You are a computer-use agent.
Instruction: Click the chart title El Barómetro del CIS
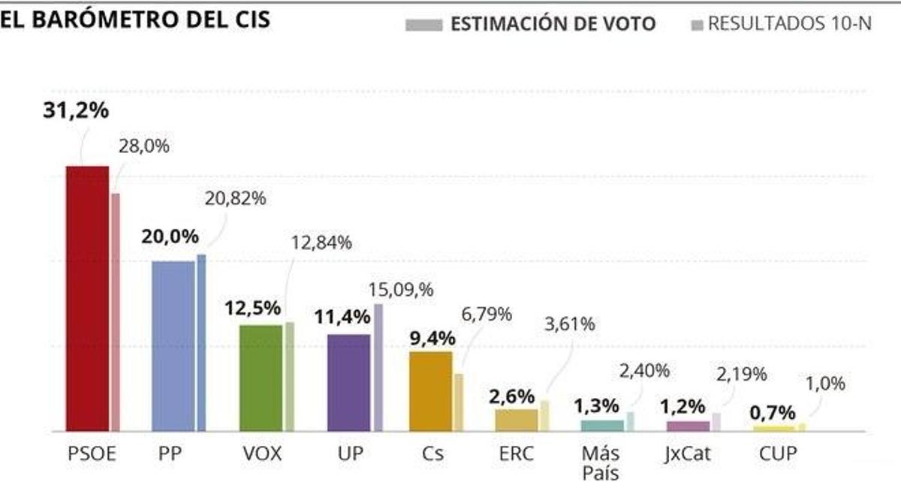coord(135,20)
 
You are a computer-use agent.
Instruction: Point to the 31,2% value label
coord(75,110)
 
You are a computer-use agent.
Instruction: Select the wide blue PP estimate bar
coord(173,346)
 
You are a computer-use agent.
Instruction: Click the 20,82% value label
coord(235,199)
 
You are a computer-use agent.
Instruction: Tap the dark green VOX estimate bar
coord(261,378)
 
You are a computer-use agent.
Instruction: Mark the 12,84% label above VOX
coord(321,243)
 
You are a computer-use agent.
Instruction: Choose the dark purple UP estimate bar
coord(348,383)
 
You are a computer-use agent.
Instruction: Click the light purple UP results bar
coord(378,367)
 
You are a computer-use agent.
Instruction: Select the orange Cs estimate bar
coord(430,391)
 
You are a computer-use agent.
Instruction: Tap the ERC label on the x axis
coord(516,453)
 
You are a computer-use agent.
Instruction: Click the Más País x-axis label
coord(601,462)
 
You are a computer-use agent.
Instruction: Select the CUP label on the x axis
coord(774,453)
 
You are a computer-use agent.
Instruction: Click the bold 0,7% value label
coord(773,412)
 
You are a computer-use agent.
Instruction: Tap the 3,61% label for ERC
coord(568,324)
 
